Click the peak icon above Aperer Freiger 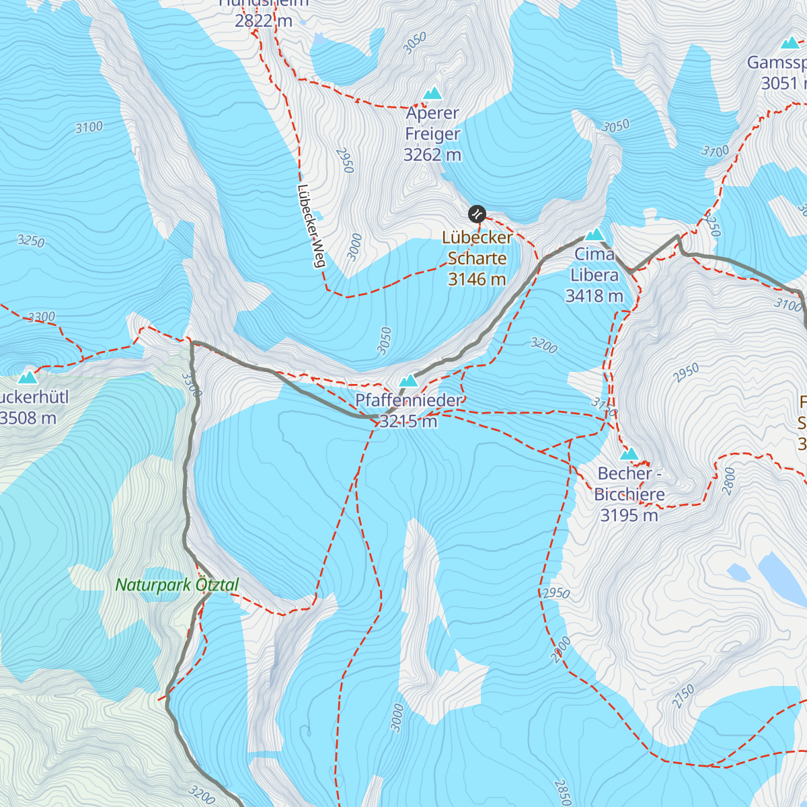[432, 93]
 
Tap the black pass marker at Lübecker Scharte [477, 215]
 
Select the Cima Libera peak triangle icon [594, 235]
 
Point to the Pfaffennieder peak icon [408, 381]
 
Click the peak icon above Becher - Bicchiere [629, 454]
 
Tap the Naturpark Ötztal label [177, 585]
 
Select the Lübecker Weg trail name [311, 226]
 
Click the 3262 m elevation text [432, 155]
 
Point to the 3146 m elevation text [477, 279]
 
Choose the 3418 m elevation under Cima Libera [594, 296]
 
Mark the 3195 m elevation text [629, 515]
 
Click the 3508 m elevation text [28, 418]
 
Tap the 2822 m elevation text [264, 20]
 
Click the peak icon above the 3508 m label [28, 377]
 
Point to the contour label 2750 [683, 696]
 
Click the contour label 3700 [715, 151]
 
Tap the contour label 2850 [562, 792]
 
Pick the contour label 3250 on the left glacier [31, 240]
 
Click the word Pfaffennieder [409, 400]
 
